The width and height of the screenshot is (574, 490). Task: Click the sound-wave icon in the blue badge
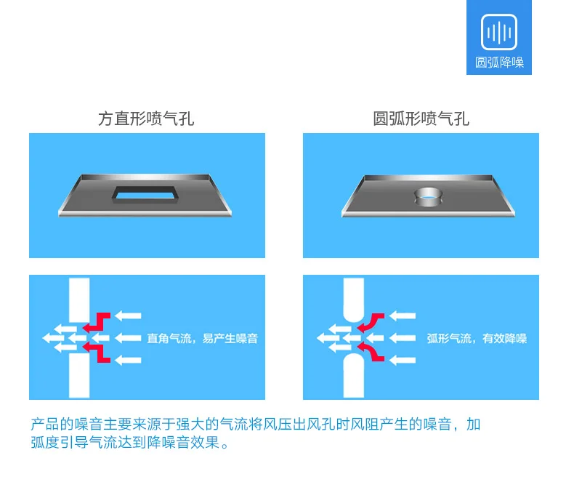[498, 32]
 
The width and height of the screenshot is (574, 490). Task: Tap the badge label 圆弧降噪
[499, 63]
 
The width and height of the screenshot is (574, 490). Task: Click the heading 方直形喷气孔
[146, 119]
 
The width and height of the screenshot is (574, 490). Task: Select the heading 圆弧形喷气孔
[421, 119]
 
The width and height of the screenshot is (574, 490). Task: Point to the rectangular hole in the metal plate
[145, 193]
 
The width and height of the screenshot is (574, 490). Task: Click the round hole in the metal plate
[428, 196]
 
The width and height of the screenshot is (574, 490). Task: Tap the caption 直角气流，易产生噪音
[203, 338]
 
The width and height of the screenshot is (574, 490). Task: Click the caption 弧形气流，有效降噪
[477, 338]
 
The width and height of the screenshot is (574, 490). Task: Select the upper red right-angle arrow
[97, 322]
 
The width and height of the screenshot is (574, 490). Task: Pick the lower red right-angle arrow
[97, 352]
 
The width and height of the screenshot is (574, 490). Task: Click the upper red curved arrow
[371, 321]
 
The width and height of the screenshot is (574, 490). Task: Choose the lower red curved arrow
[371, 352]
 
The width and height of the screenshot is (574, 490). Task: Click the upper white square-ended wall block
[79, 300]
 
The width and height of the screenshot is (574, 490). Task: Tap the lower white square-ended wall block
[79, 375]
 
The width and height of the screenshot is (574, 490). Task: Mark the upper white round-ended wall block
[354, 300]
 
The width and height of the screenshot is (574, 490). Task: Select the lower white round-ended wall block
[354, 375]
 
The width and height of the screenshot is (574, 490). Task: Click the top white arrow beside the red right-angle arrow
[128, 316]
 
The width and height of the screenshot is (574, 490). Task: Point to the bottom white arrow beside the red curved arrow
[403, 361]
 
